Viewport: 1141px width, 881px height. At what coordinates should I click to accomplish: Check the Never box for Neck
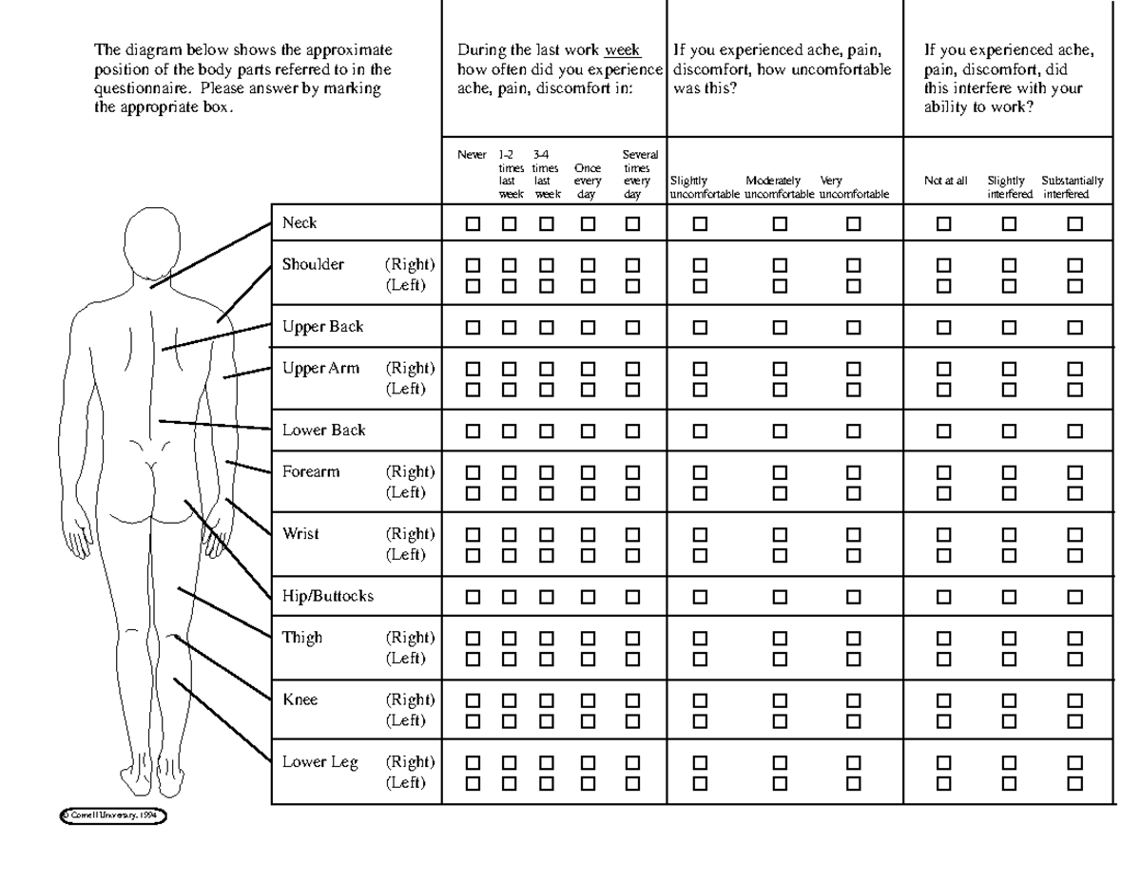472,224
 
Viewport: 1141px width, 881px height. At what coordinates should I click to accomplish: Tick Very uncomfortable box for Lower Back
853,431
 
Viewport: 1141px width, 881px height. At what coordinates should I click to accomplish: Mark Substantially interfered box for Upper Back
1075,327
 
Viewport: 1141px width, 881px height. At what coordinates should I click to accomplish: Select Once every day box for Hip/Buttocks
588,597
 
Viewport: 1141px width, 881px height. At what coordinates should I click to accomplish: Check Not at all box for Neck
944,224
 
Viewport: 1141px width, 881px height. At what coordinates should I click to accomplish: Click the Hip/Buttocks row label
327,597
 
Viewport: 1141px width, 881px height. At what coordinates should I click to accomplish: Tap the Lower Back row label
323,431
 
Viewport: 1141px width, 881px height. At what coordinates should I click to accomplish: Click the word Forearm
311,472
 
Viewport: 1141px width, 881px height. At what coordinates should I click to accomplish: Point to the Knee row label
300,700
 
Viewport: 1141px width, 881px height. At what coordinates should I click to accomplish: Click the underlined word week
623,50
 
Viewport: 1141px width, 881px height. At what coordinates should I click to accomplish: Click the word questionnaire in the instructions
140,88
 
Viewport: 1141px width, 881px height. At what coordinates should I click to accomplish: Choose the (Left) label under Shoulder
405,285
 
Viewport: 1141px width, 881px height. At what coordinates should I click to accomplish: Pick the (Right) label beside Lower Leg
410,762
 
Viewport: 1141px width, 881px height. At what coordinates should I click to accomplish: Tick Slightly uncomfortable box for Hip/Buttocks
701,597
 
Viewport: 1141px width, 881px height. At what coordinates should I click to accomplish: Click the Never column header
472,154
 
